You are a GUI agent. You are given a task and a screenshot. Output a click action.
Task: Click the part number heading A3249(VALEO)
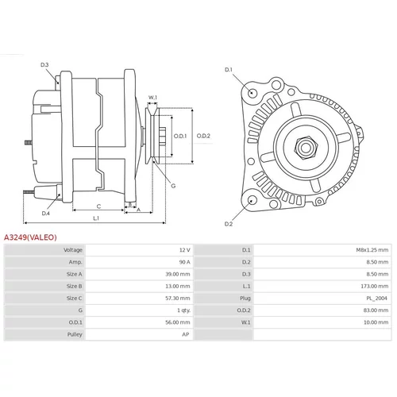(30, 237)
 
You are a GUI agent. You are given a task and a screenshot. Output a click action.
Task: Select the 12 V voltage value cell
(185, 250)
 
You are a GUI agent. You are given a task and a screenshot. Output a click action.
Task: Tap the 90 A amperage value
(185, 262)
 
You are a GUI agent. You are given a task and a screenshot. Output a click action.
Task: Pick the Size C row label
(74, 299)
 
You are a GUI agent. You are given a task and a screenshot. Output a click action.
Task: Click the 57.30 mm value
(178, 299)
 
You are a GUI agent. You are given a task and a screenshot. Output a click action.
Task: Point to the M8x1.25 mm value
(372, 250)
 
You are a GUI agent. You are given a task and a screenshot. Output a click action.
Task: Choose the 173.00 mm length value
(374, 286)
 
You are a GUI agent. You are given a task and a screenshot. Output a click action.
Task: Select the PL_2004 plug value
(376, 299)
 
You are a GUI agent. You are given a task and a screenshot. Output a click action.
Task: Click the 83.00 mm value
(376, 310)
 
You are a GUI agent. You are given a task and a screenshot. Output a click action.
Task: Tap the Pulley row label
(75, 334)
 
